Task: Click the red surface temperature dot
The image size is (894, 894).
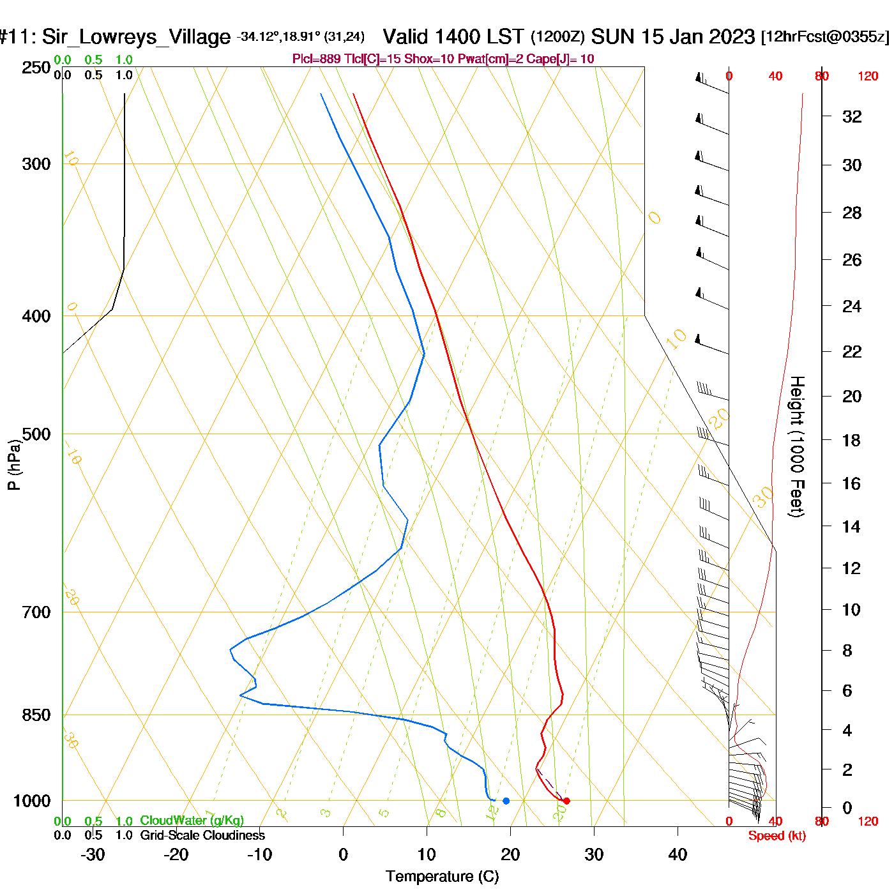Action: [x=566, y=801]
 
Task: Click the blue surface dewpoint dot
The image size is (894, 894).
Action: [x=506, y=801]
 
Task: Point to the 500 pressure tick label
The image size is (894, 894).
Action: [x=36, y=434]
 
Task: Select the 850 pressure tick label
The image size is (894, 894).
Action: [x=36, y=715]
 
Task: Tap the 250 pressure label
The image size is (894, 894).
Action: [x=36, y=68]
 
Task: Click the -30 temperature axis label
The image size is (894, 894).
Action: [x=93, y=854]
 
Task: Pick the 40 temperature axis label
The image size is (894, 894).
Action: [x=678, y=854]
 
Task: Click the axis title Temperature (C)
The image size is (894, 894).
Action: [x=442, y=876]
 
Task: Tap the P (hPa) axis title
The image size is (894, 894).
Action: [x=14, y=464]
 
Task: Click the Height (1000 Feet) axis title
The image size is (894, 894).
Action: [x=796, y=446]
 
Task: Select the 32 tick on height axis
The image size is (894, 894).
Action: [x=852, y=116]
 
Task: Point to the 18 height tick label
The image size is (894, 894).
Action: [x=851, y=440]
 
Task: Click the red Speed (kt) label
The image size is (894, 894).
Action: [x=777, y=836]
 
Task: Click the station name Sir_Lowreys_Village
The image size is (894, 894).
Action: [x=136, y=37]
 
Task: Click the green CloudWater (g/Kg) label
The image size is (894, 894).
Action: [x=192, y=821]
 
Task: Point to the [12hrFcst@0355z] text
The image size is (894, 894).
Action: [x=824, y=36]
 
